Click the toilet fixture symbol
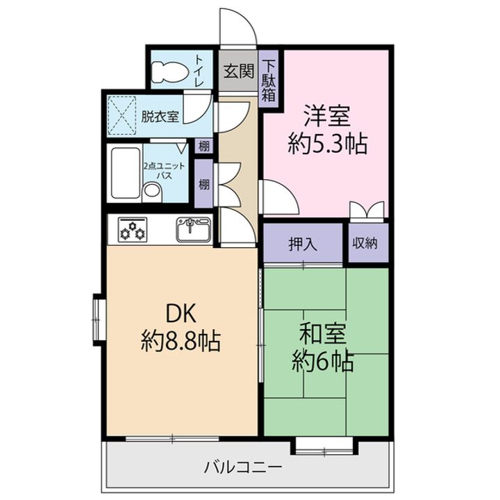pyautogui.click(x=169, y=71)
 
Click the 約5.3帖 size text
pyautogui.click(x=327, y=145)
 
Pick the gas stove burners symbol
pyautogui.click(x=132, y=230)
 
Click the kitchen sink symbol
pyautogui.click(x=192, y=228)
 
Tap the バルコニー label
pyautogui.click(x=243, y=467)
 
